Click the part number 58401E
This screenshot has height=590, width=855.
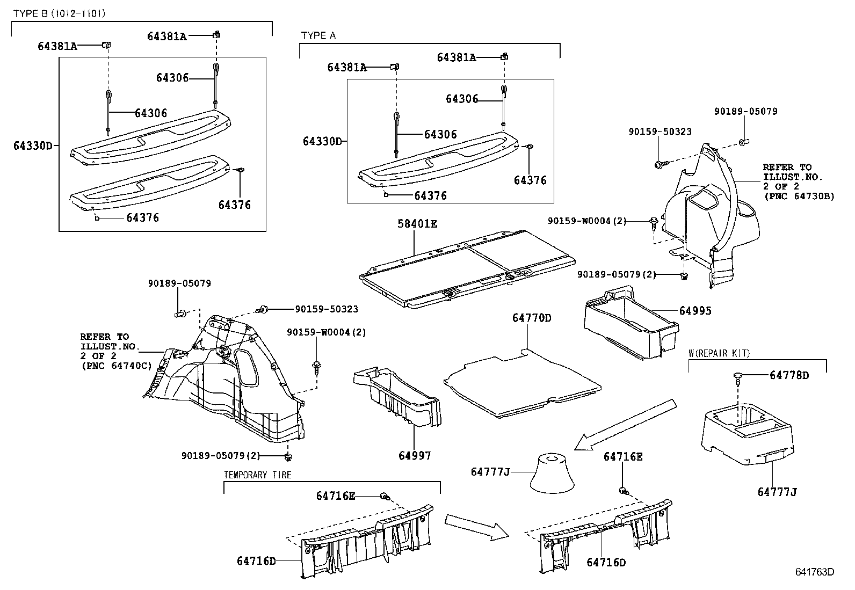(x=417, y=224)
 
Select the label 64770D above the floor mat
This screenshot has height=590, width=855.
(x=531, y=318)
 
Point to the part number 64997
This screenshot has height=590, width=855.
(x=415, y=456)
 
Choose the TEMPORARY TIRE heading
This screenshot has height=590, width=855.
(x=258, y=475)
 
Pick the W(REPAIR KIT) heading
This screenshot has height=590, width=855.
(x=719, y=353)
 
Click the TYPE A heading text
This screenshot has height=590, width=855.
(x=318, y=35)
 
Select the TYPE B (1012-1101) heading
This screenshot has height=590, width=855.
(x=59, y=13)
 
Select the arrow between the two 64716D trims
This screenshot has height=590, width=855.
(x=476, y=526)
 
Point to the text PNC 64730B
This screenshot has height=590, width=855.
(x=799, y=196)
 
